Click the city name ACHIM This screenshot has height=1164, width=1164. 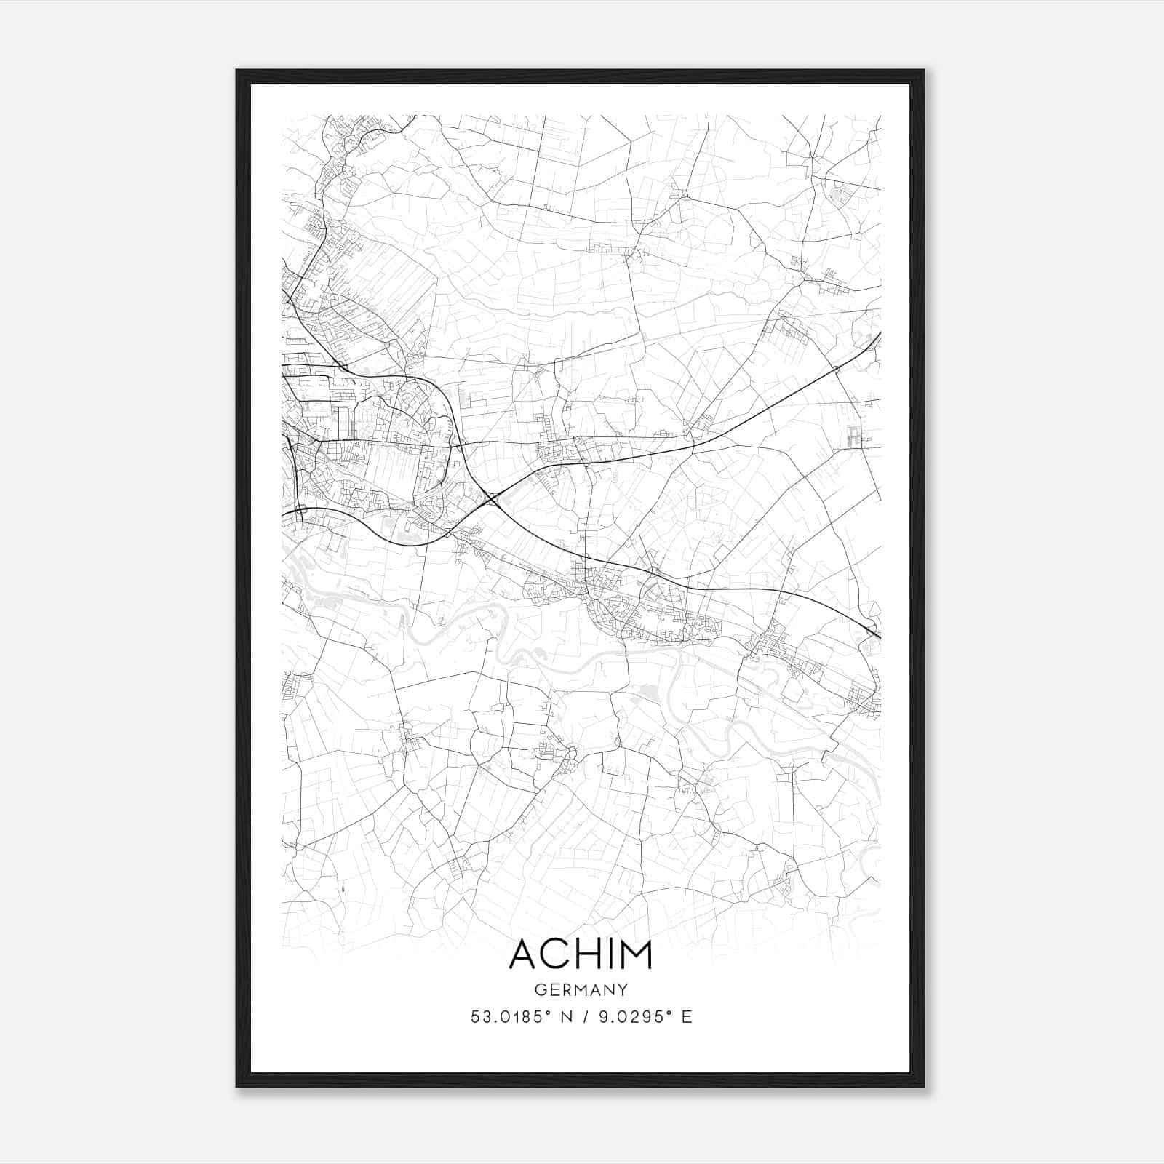[581, 954]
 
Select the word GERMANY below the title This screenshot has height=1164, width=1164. [581, 989]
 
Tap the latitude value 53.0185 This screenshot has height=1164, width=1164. [506, 1016]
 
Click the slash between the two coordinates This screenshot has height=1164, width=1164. [586, 1016]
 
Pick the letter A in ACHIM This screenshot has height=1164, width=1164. [523, 954]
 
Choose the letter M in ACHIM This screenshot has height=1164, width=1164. [637, 954]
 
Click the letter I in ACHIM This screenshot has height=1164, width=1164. [612, 954]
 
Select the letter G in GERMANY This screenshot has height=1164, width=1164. [540, 989]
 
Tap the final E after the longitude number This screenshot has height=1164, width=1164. [687, 1016]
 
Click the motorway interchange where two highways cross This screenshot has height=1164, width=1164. [494, 498]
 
